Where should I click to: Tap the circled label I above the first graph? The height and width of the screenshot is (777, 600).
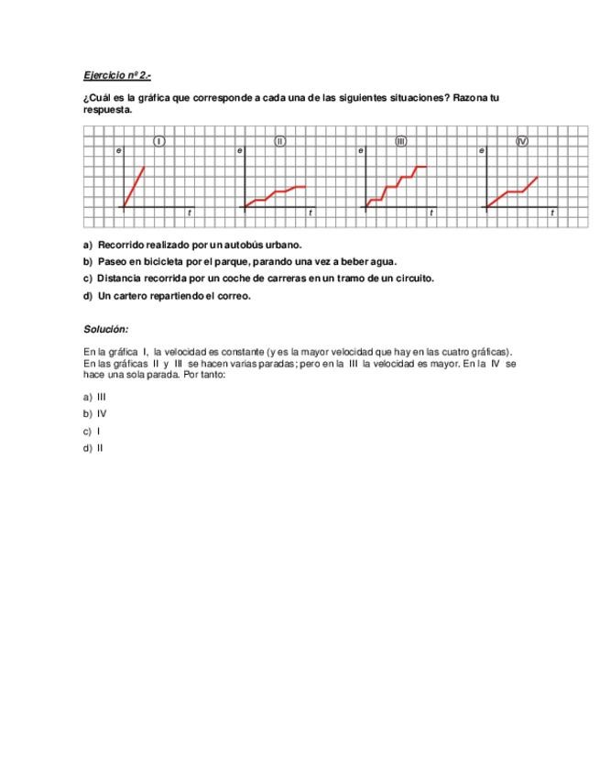pyautogui.click(x=159, y=141)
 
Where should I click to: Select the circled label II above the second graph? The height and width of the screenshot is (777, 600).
pyautogui.click(x=280, y=141)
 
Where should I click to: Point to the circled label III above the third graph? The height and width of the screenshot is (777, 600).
pyautogui.click(x=400, y=141)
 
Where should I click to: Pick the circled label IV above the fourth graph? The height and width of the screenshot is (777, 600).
pyautogui.click(x=522, y=141)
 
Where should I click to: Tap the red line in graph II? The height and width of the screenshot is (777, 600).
pyautogui.click(x=275, y=192)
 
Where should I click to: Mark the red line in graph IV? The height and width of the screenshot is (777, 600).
pyautogui.click(x=513, y=192)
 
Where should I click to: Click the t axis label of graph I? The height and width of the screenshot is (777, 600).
pyautogui.click(x=190, y=213)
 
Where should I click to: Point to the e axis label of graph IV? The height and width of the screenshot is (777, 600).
pyautogui.click(x=481, y=149)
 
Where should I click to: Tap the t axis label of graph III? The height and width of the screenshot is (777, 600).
pyautogui.click(x=431, y=213)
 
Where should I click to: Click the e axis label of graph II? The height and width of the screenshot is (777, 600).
pyautogui.click(x=239, y=149)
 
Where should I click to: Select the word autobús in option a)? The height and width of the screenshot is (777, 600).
pyautogui.click(x=243, y=245)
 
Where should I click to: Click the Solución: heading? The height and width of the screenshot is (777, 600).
pyautogui.click(x=106, y=329)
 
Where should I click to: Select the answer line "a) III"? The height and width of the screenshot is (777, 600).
pyautogui.click(x=95, y=398)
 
